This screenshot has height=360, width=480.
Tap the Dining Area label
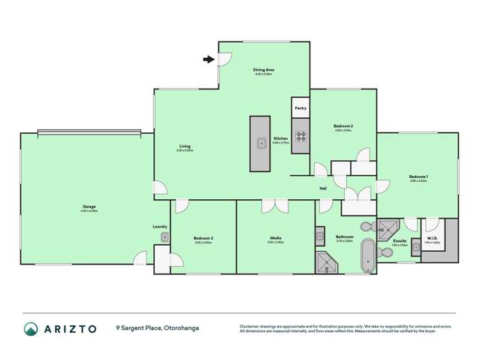(x=264, y=70)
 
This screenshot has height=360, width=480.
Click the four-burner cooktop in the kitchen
(x=300, y=137)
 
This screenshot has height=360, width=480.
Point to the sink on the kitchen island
(x=261, y=142)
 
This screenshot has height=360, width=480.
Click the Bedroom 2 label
(x=343, y=126)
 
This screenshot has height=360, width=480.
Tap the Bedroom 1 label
(x=418, y=177)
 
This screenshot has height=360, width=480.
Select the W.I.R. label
(x=432, y=240)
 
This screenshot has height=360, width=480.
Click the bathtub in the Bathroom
(x=367, y=256)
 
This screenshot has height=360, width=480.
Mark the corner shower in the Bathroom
(x=327, y=261)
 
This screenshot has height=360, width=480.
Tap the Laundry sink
(x=164, y=237)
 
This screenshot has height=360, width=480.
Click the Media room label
(x=276, y=238)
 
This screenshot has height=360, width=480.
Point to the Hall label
(x=323, y=188)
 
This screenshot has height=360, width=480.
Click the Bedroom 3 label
(x=204, y=238)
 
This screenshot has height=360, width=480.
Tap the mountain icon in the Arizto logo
(x=32, y=328)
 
